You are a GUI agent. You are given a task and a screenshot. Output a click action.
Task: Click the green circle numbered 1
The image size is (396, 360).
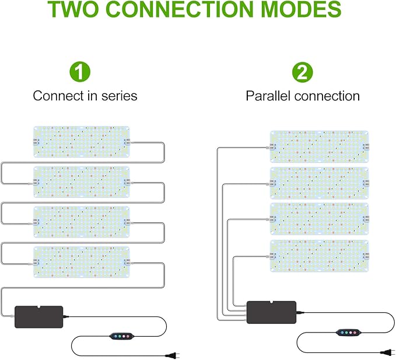(80, 73)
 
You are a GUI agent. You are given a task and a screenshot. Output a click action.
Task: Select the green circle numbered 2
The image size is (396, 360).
(302, 73)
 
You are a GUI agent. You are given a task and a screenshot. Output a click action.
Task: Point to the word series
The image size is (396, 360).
(119, 95)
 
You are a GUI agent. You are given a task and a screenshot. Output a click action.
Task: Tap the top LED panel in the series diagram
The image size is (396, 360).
(81, 141)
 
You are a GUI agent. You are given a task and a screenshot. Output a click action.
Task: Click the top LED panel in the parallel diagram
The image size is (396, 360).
(320, 146)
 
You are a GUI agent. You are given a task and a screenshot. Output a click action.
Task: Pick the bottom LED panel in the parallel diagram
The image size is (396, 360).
(320, 255)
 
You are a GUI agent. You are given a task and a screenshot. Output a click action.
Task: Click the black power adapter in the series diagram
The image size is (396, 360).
(38, 317)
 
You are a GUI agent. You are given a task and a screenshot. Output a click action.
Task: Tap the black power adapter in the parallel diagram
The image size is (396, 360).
(272, 312)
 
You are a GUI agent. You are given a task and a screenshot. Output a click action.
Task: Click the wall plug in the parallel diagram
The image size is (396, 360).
(386, 351)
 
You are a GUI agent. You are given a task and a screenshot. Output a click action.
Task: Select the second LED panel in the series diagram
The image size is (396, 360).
(81, 181)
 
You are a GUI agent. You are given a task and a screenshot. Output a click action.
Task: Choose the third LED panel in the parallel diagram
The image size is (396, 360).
(320, 219)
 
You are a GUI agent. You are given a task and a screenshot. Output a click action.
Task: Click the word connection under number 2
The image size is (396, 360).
(327, 95)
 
